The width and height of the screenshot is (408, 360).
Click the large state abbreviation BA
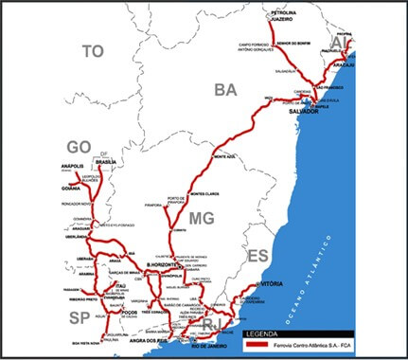pyautogui.click(x=225, y=90)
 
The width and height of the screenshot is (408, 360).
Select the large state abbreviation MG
pyautogui.click(x=201, y=220)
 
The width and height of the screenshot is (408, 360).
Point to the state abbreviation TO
pyautogui.click(x=92, y=51)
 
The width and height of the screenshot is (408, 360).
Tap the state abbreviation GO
pyautogui.click(x=79, y=147)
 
